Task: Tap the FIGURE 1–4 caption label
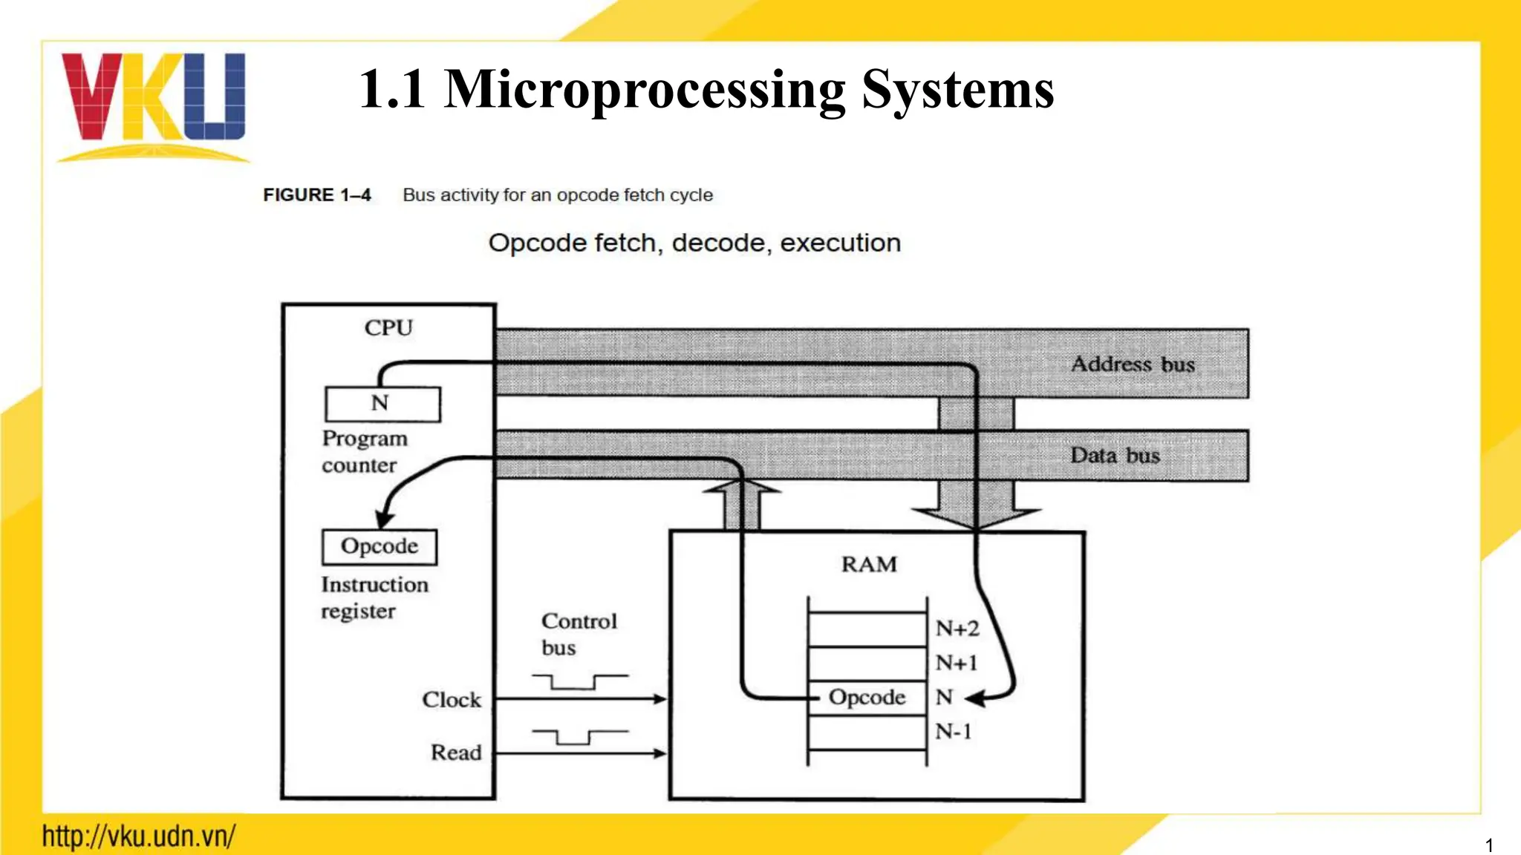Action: tap(317, 195)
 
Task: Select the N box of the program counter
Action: tap(382, 404)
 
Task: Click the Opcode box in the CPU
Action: tap(380, 546)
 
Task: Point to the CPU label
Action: tap(388, 327)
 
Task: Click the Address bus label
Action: tap(1133, 364)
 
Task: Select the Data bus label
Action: tap(1115, 455)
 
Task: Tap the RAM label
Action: tap(869, 564)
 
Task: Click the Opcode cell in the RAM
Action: tap(867, 698)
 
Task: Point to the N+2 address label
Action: tap(957, 629)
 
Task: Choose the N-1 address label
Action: tap(953, 732)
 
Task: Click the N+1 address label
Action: tap(956, 663)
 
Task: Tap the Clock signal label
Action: tap(452, 699)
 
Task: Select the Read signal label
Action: tap(456, 753)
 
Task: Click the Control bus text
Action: tap(579, 634)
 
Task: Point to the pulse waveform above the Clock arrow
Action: tap(580, 681)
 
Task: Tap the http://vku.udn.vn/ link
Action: tap(139, 836)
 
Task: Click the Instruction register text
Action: tap(374, 597)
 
